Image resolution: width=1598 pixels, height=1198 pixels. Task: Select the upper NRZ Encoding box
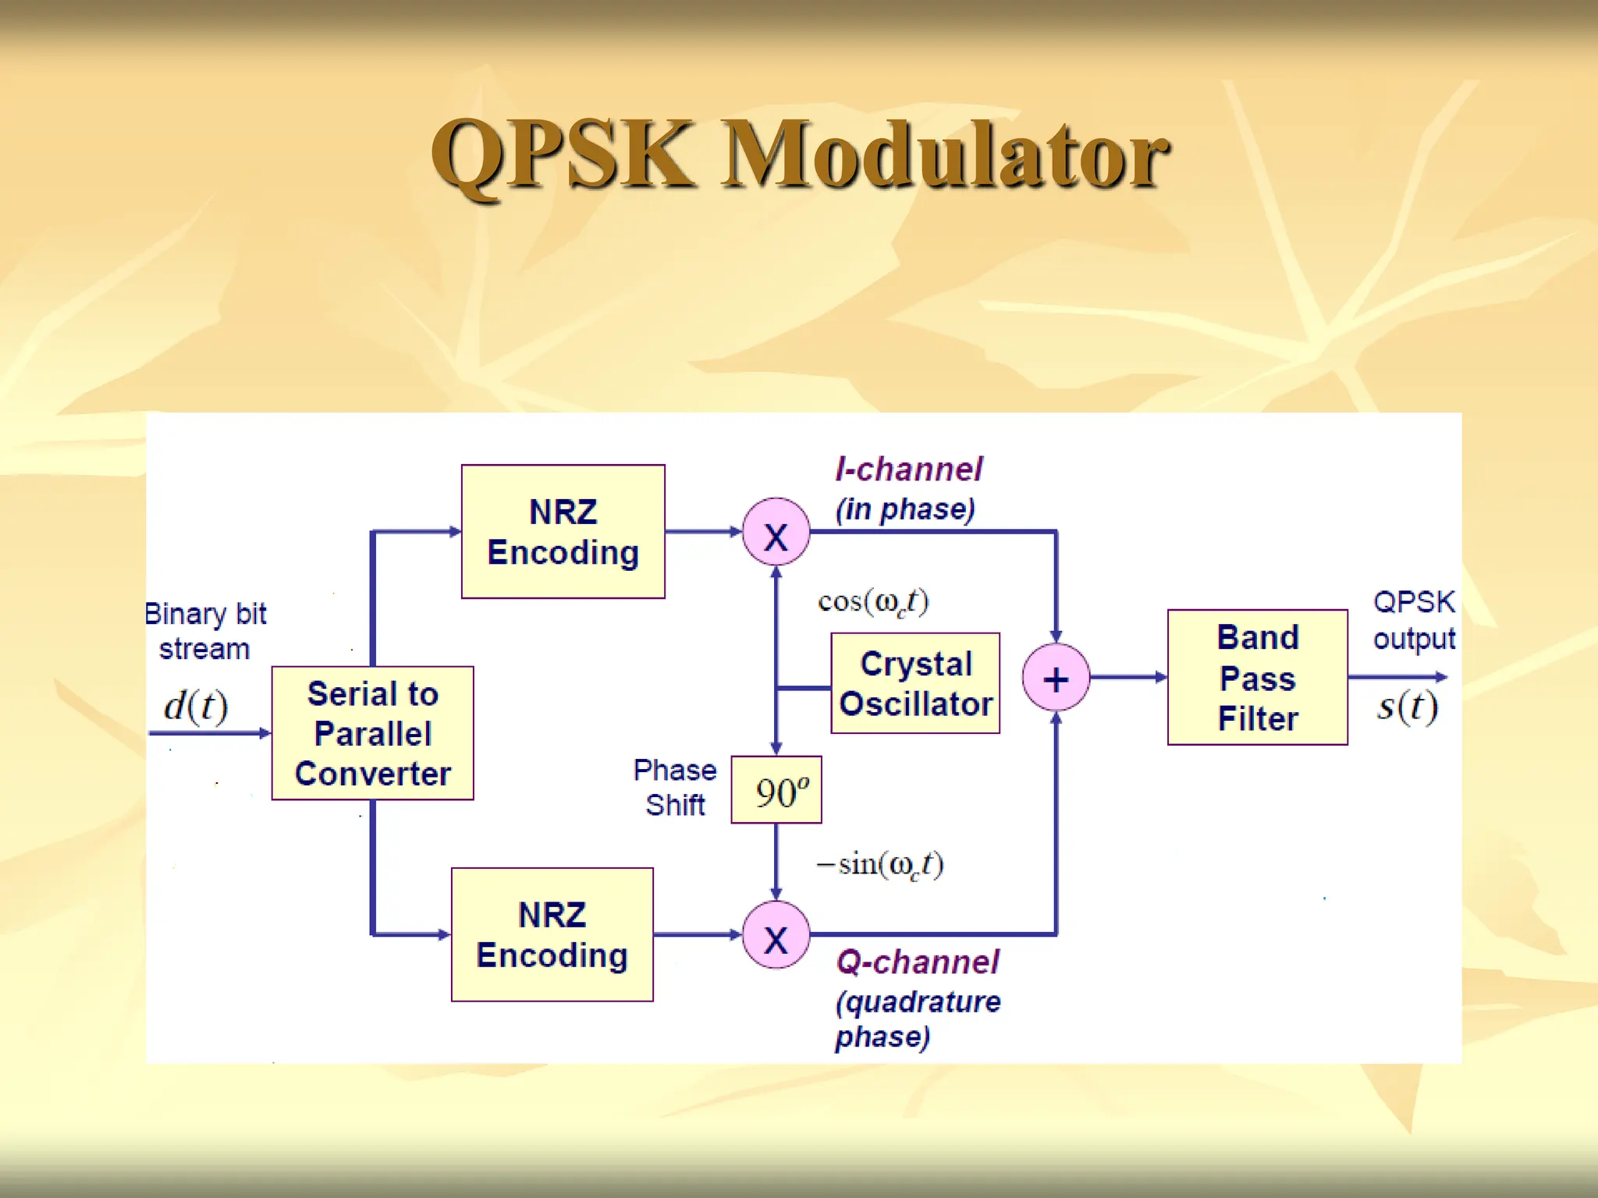pyautogui.click(x=563, y=532)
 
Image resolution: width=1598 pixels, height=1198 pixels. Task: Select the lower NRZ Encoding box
pyautogui.click(x=552, y=934)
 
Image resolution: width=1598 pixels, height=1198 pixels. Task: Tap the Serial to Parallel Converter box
pyautogui.click(x=372, y=733)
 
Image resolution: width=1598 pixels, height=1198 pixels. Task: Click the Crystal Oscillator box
pyautogui.click(x=915, y=683)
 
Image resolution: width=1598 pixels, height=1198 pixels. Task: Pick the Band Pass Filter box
pyautogui.click(x=1257, y=677)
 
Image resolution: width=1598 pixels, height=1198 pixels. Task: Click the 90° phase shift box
pyautogui.click(x=776, y=790)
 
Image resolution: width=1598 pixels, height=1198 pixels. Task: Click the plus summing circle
pyautogui.click(x=1056, y=678)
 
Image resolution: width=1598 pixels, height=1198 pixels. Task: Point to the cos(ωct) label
pyautogui.click(x=873, y=601)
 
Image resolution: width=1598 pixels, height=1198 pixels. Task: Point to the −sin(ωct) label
pyautogui.click(x=879, y=864)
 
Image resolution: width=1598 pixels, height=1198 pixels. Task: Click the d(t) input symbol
pyautogui.click(x=196, y=705)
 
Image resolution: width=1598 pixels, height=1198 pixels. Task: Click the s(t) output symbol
pyautogui.click(x=1407, y=706)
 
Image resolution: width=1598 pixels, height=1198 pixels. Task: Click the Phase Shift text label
pyautogui.click(x=675, y=787)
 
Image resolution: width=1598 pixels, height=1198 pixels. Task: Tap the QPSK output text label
pyautogui.click(x=1413, y=620)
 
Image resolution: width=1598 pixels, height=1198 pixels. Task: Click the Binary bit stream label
pyautogui.click(x=205, y=631)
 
